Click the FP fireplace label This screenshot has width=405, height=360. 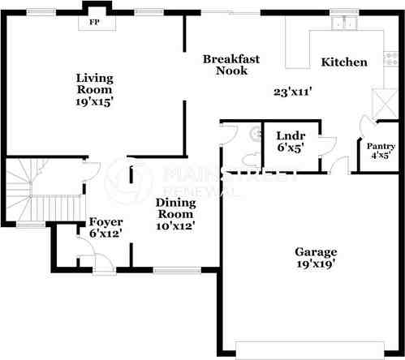pyautogui.click(x=94, y=22)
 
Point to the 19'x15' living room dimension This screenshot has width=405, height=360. pyautogui.click(x=94, y=103)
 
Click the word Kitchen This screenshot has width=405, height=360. pyautogui.click(x=344, y=62)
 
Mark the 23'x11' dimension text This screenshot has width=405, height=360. pyautogui.click(x=294, y=92)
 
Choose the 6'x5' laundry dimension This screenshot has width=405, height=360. pyautogui.click(x=290, y=149)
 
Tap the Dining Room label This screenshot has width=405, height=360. pyautogui.click(x=175, y=209)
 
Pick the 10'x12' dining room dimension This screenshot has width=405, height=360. pyautogui.click(x=175, y=226)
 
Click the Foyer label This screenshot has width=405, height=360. pyautogui.click(x=106, y=221)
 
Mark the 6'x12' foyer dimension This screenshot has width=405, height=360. pyautogui.click(x=106, y=234)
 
